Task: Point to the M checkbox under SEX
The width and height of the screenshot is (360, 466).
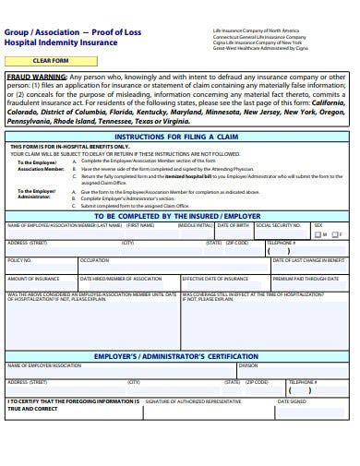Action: click(319, 234)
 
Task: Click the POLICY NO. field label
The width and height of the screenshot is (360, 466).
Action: click(20, 260)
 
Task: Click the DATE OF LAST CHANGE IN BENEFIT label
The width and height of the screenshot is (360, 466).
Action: click(309, 260)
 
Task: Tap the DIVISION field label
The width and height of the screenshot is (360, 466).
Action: click(248, 365)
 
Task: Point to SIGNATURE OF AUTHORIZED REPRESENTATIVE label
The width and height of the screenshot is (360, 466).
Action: click(194, 401)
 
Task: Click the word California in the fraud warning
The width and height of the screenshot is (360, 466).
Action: click(328, 102)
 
